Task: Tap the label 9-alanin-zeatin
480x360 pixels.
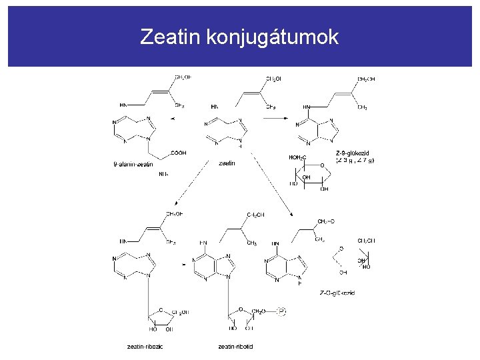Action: (x=133, y=164)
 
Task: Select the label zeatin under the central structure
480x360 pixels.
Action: (x=227, y=163)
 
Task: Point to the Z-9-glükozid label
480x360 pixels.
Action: (x=352, y=152)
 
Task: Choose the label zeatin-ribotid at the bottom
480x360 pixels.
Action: (x=235, y=346)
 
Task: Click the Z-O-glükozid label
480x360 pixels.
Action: (x=337, y=293)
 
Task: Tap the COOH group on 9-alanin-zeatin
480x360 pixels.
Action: (x=178, y=153)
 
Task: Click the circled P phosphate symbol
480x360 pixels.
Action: (x=283, y=310)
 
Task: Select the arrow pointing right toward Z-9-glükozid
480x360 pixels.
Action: (x=277, y=118)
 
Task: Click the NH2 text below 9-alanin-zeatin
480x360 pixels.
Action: (x=163, y=175)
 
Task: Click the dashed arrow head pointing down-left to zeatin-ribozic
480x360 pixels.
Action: (x=173, y=203)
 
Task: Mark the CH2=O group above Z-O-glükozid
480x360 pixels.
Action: (x=327, y=221)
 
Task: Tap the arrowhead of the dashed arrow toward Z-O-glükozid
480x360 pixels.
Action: (x=293, y=213)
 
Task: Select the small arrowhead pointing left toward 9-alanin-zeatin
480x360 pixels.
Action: (x=173, y=119)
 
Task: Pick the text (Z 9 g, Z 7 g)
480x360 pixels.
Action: (x=355, y=160)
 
